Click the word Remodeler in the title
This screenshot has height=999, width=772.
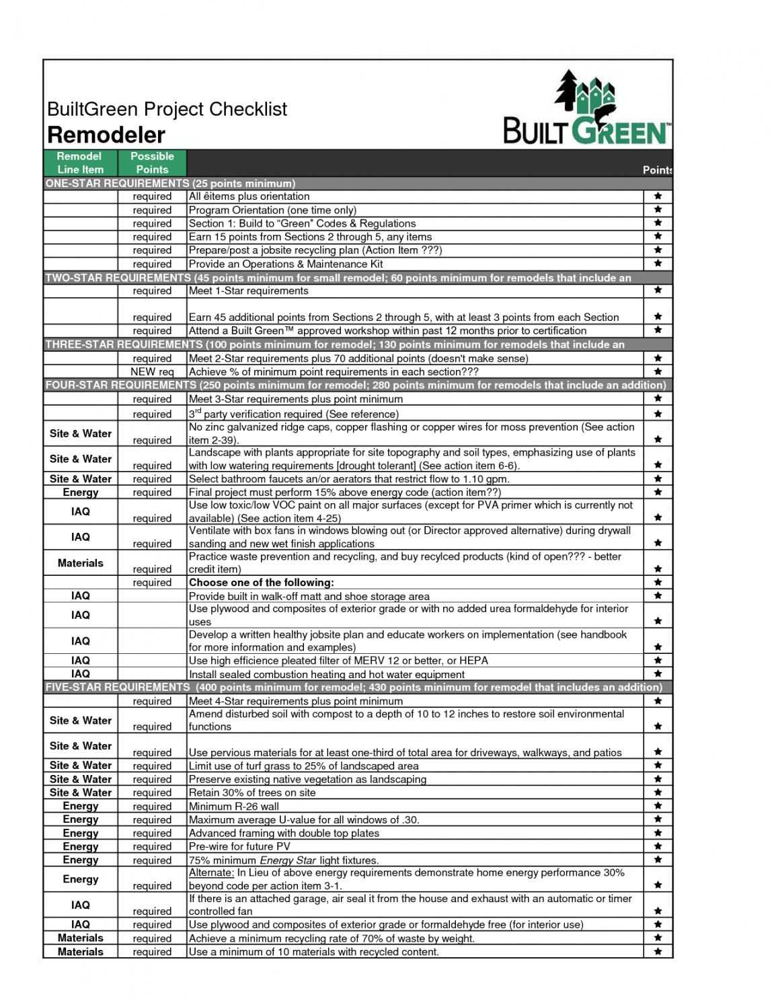coord(106,135)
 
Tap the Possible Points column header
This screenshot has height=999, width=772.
coord(152,163)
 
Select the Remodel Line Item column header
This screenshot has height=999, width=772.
coord(80,163)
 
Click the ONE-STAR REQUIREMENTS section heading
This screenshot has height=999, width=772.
coord(170,184)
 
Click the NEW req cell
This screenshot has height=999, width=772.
coord(152,372)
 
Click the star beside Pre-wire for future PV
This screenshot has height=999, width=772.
coord(658,846)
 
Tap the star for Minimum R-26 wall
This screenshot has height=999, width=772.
coord(658,806)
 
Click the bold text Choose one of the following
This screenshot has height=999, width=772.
coord(261,583)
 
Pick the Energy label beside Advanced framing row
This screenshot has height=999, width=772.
coord(81,833)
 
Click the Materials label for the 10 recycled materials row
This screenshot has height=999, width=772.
coord(81,952)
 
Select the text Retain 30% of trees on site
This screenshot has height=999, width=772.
coord(252,792)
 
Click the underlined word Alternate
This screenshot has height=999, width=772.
coord(210,873)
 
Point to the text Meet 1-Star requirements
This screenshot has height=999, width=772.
coord(249,291)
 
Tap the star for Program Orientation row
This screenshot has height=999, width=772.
coord(658,210)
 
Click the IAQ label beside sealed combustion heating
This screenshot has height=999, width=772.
coord(81,674)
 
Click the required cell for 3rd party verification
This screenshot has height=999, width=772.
coord(152,414)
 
